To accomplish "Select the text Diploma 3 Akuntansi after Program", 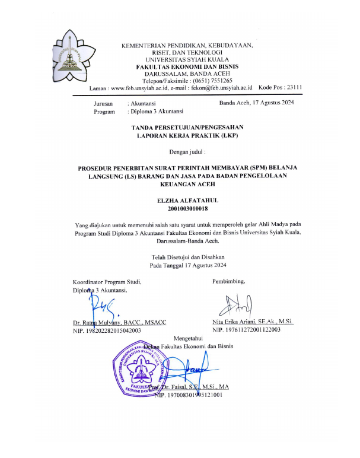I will pyautogui.click(x=160, y=112).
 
